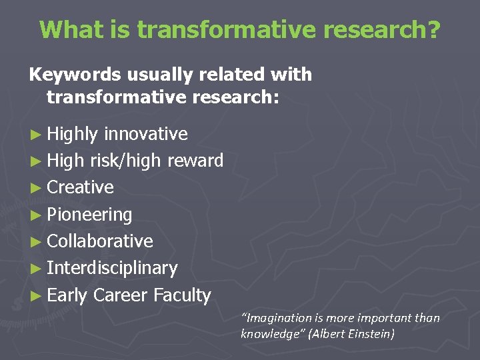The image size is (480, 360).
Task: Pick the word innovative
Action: [145, 134]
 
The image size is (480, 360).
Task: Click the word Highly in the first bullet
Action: [73, 134]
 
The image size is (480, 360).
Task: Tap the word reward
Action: [195, 161]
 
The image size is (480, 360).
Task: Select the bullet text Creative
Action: [81, 187]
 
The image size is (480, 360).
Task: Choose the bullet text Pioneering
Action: [90, 215]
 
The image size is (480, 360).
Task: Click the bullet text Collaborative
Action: [100, 241]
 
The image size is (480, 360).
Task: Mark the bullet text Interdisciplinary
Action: [112, 268]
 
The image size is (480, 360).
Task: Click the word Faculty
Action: [182, 295]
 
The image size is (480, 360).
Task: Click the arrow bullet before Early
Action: [36, 296]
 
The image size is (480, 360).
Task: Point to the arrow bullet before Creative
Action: [36, 188]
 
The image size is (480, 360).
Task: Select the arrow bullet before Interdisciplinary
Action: [36, 269]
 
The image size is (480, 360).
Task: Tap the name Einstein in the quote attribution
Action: [371, 333]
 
